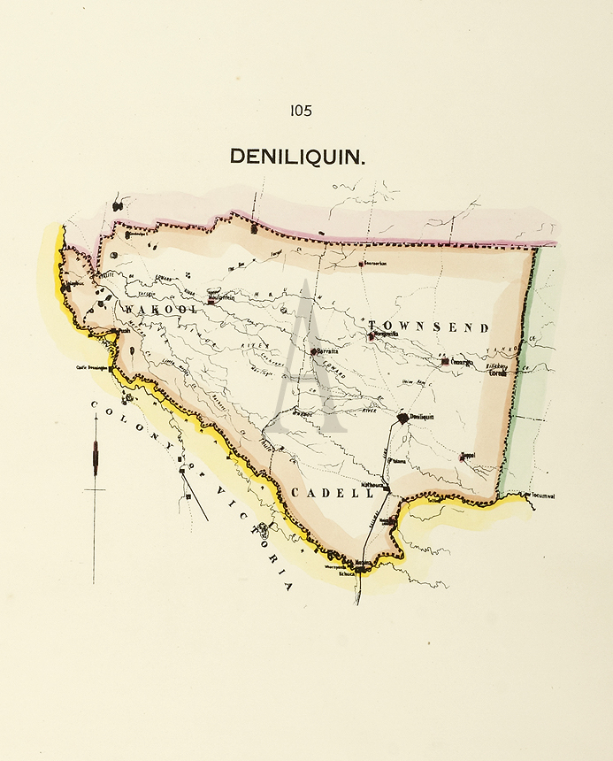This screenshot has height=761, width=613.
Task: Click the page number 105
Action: [x=300, y=111]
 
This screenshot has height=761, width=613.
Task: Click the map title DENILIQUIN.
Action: [x=298, y=157]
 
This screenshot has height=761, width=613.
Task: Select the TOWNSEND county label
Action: [x=428, y=327]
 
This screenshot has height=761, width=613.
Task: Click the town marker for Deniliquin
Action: [x=403, y=417]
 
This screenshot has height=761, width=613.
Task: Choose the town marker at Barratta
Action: [x=313, y=351]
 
